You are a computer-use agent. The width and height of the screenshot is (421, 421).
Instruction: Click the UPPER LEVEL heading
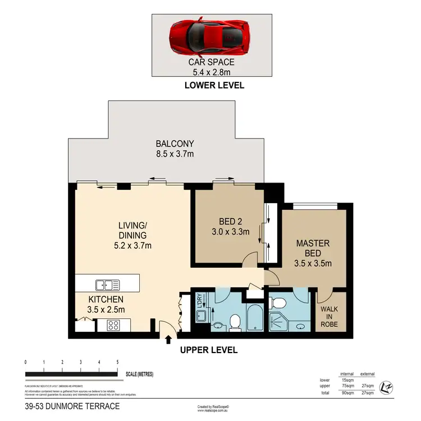point(208,350)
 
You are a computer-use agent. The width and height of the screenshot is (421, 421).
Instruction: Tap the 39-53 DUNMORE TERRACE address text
point(72,405)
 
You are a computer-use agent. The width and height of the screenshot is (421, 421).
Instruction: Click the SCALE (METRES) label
point(139,374)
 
